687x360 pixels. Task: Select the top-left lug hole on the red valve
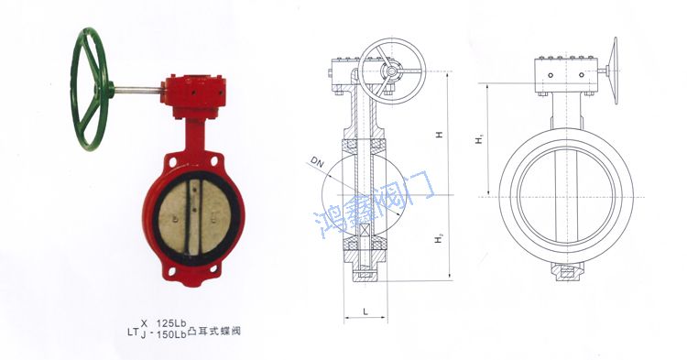[166, 165]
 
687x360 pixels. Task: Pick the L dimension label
[365, 311]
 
